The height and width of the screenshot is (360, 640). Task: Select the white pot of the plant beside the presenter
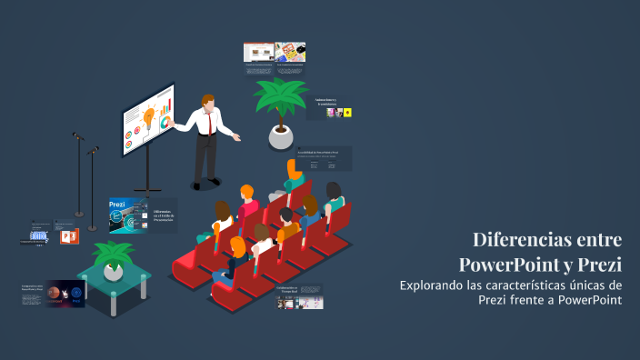282,136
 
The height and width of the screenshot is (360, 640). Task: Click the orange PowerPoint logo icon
68,236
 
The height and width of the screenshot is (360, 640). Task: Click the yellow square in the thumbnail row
347,113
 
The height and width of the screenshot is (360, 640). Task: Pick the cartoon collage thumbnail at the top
290,53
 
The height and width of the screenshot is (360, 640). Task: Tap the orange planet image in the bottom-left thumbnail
55,294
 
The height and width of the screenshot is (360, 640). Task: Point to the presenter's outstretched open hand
237,137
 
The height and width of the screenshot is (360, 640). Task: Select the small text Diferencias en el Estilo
164,215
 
